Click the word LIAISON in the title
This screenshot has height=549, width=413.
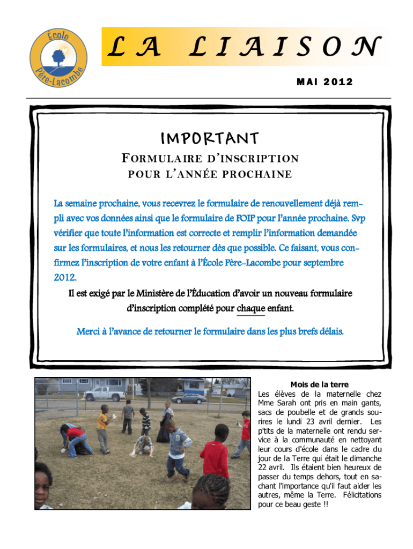coord(285,47)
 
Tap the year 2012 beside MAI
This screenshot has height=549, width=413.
coord(337,81)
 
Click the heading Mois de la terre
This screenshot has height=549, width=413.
coord(319,384)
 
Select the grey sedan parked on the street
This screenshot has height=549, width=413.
coord(188,398)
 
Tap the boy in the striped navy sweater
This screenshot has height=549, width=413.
coord(145,422)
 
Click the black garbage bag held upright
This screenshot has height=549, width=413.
coord(163,428)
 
